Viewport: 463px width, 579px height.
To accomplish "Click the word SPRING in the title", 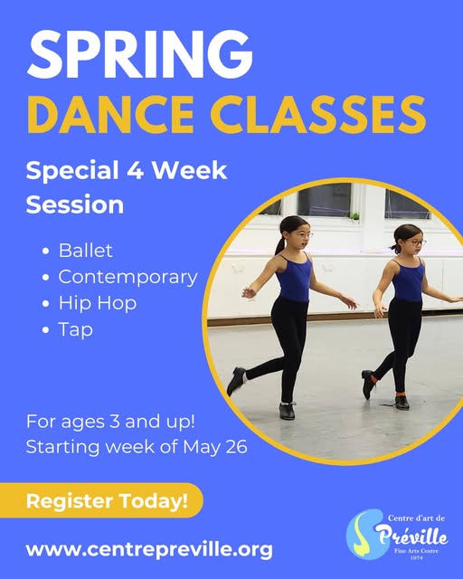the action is coord(139,54).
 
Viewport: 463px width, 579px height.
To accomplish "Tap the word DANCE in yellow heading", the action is coord(110,114).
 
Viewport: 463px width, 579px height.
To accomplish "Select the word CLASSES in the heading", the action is coord(318,114).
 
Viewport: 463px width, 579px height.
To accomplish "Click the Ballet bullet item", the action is coord(85,251).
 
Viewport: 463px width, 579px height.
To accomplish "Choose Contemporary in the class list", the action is coord(128,278).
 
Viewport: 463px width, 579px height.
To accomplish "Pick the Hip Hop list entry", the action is coord(98,304).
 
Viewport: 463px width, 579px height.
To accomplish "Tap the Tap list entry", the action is coord(75,329).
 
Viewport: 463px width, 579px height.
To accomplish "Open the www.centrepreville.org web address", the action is coord(149,549).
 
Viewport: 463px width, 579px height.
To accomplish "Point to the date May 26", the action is coord(215,446).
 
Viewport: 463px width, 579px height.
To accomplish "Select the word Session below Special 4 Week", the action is coord(74,204).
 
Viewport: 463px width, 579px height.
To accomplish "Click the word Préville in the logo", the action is coord(411,536).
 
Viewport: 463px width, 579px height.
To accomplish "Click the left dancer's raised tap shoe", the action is coord(236,380).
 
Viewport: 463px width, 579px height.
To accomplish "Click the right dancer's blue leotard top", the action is coord(408,280).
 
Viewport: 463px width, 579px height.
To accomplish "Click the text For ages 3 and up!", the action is coord(110,422).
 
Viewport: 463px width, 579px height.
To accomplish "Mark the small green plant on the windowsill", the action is coord(355,215).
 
